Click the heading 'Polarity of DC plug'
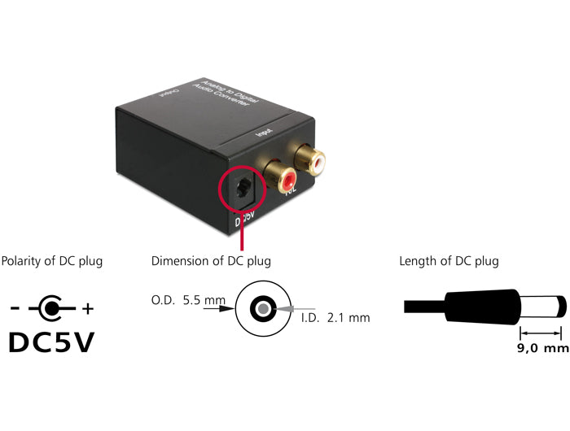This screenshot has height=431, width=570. coord(52,261)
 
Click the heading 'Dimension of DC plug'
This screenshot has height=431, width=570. coord(211,261)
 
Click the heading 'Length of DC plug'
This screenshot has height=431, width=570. coord(449,261)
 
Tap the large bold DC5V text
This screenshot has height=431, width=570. coord(52,341)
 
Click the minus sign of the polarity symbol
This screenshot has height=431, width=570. coord(15,309)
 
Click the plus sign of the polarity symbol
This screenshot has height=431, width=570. coord(88,309)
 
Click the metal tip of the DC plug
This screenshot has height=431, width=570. coord(558,307)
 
